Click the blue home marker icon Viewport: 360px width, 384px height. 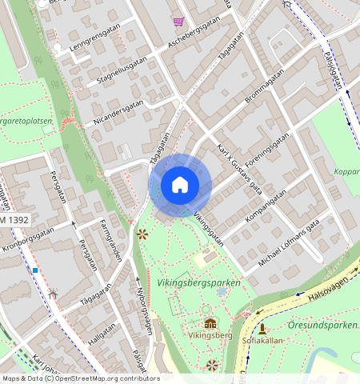180,185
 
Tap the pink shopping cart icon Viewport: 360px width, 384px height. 178,22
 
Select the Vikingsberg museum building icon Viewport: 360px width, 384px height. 210,323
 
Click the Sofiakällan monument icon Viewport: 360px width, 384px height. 262,328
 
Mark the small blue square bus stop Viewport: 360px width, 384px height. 35,270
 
